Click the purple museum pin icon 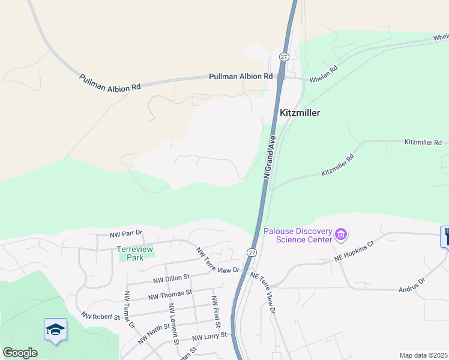tap(342, 233)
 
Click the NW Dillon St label tap(171, 278)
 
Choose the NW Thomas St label tap(169, 295)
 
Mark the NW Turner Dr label tap(129, 310)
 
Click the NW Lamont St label tap(173, 324)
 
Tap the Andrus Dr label tap(411, 286)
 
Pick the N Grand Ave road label tap(270, 156)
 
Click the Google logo tap(20, 353)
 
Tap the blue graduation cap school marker tap(55, 329)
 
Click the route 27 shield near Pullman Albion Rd tap(284, 56)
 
